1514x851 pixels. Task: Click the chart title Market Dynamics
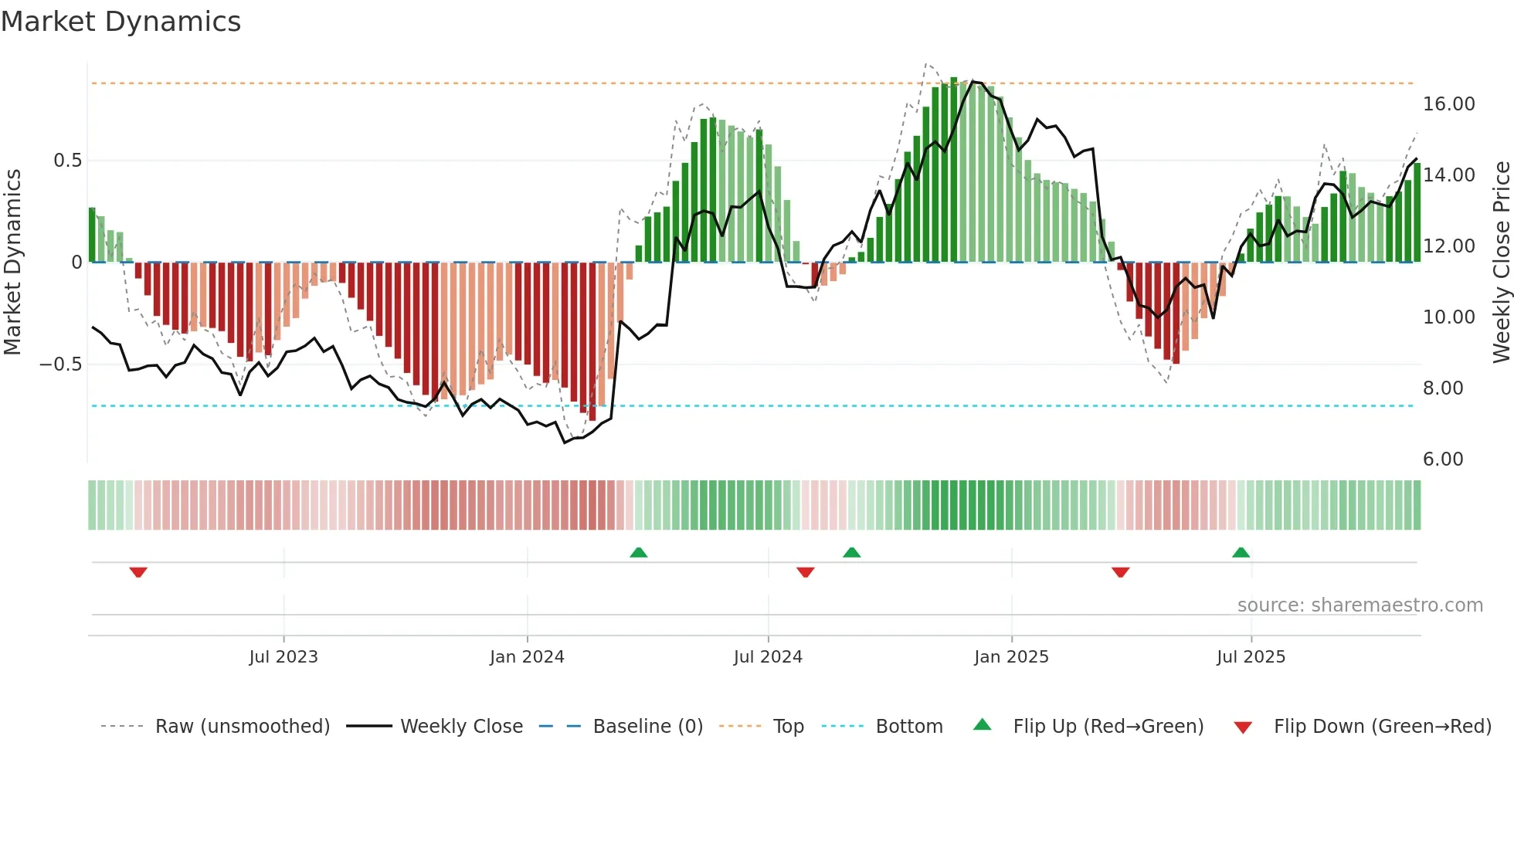121,22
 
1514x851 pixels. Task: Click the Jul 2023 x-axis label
283,656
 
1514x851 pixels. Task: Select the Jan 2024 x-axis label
527,656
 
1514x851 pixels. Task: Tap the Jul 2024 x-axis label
768,656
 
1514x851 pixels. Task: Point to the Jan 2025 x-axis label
1011,656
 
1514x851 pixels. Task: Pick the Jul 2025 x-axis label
1251,656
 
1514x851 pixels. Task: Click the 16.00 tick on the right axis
1448,104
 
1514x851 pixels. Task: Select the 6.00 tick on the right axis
1443,459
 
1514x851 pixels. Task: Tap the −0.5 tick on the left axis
60,364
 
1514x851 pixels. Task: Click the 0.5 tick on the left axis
67,161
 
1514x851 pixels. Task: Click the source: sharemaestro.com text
1360,605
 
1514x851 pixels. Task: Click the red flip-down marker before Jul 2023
138,572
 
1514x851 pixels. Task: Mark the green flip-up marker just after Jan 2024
638,552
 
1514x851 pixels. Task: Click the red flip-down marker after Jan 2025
1120,572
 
